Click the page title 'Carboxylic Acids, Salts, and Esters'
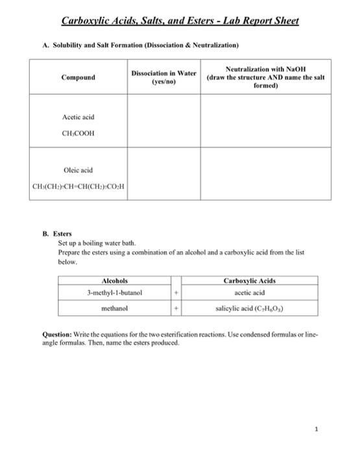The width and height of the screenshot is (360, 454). click(180, 21)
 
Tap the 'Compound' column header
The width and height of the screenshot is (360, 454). click(77, 77)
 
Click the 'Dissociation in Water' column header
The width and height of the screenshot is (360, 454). click(163, 77)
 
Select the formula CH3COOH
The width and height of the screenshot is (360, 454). click(77, 134)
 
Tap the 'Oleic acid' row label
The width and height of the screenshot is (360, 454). click(77, 170)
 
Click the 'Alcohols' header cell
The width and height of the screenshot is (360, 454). click(115, 281)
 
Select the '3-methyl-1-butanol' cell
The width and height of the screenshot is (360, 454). click(115, 293)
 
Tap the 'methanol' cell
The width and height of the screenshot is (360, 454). click(115, 309)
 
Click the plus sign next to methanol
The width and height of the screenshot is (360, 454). click(175, 309)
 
